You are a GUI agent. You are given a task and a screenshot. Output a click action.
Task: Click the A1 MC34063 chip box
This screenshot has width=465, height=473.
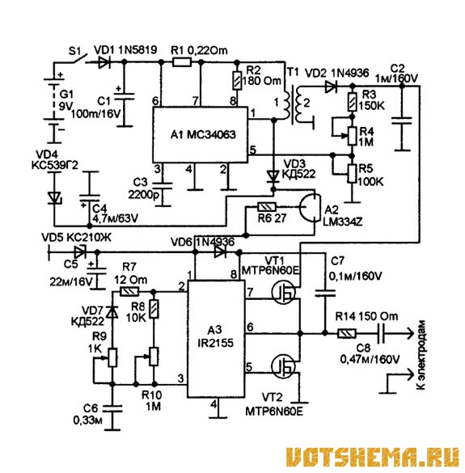click(200, 134)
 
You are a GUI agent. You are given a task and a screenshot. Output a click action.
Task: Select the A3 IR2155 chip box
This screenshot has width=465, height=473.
click(216, 339)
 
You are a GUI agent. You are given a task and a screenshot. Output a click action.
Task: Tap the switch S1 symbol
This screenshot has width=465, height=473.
click(79, 59)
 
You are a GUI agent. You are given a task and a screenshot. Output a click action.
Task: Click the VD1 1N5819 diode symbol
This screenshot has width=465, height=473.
click(104, 62)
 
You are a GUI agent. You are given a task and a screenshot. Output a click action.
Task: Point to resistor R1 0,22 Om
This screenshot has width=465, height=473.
click(182, 62)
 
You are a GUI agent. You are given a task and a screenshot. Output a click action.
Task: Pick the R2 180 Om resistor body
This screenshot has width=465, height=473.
click(237, 80)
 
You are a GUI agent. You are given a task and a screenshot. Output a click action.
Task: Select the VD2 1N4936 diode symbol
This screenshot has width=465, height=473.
click(331, 87)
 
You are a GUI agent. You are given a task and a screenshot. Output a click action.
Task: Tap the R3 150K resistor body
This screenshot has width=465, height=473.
click(352, 102)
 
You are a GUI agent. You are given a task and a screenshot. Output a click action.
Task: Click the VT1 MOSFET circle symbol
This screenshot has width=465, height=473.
click(283, 292)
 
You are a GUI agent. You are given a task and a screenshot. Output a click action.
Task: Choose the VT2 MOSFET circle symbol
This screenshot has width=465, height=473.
click(283, 366)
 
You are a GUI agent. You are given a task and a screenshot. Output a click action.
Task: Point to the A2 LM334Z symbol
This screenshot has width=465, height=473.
click(310, 208)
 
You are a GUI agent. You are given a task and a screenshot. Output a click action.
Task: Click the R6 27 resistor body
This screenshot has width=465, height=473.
click(267, 207)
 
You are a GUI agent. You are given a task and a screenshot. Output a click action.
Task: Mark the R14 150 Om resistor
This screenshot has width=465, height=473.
click(347, 333)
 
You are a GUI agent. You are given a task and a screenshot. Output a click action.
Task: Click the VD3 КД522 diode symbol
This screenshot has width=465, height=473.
click(273, 176)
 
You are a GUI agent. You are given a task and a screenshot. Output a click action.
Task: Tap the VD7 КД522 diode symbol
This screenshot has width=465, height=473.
click(112, 312)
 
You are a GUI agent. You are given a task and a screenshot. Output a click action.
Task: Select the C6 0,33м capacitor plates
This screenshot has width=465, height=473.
click(112, 408)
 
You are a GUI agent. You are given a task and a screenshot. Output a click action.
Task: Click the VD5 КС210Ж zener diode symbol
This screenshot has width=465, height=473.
click(80, 251)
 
